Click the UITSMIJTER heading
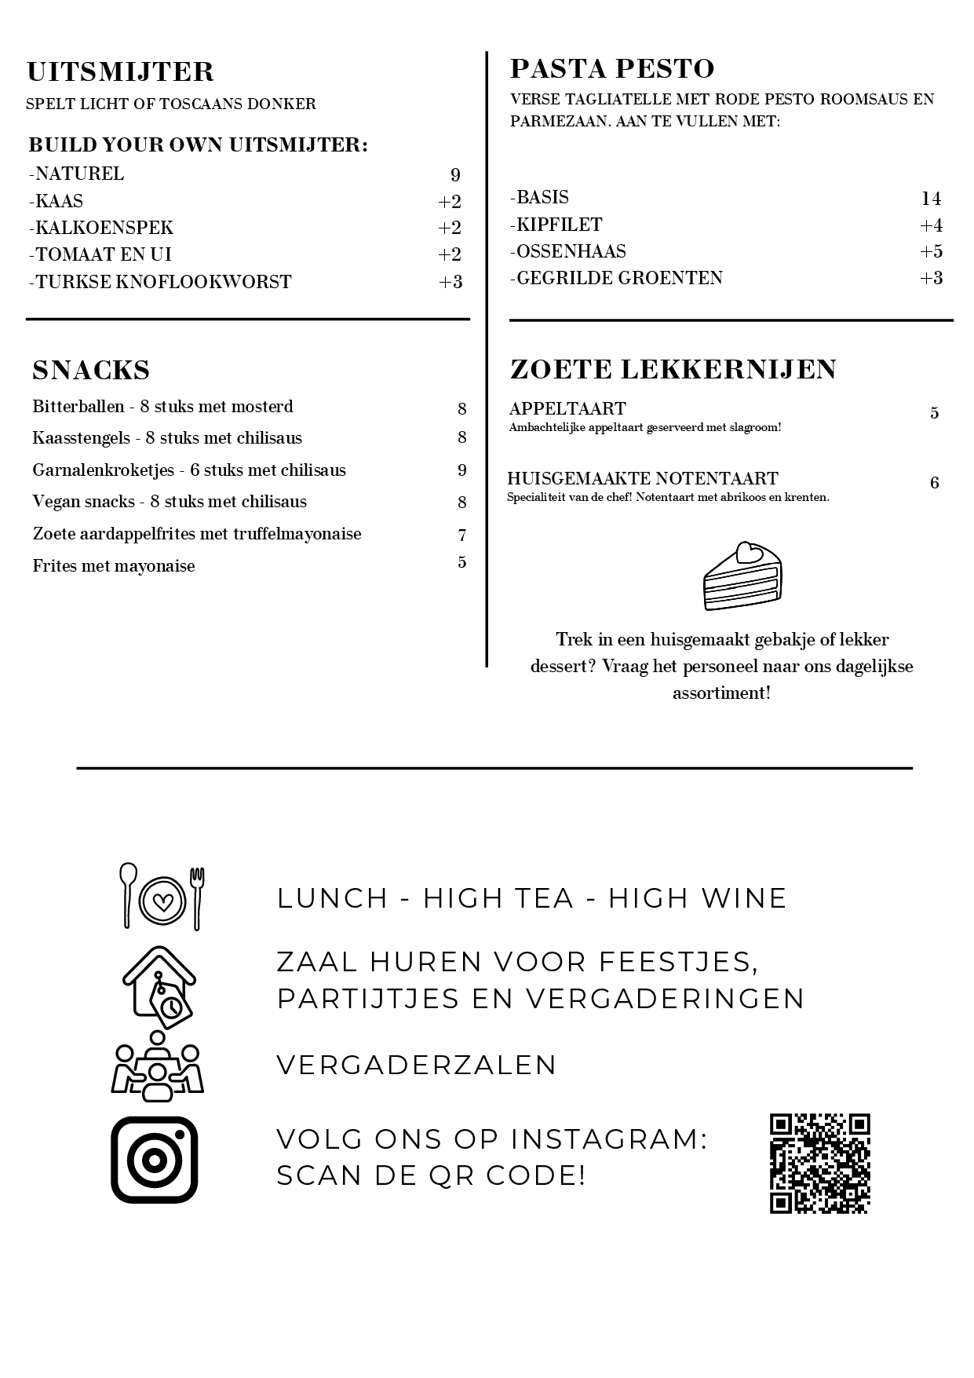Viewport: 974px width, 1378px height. (120, 72)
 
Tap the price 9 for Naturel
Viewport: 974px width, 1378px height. (455, 175)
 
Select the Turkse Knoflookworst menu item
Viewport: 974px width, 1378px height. (160, 282)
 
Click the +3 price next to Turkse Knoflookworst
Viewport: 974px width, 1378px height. (451, 282)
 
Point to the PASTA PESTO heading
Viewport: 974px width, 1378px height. (612, 69)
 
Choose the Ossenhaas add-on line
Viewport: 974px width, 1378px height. (568, 251)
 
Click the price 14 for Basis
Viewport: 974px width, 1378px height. (931, 199)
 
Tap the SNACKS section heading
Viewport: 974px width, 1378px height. (91, 370)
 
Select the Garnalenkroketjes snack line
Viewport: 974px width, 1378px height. (189, 470)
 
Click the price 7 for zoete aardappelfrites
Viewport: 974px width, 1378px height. (462, 535)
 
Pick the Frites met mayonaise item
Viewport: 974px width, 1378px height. (114, 566)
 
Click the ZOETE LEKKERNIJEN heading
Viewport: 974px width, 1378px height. (673, 369)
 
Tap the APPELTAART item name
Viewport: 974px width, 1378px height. (567, 408)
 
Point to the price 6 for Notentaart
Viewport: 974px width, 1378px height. (934, 483)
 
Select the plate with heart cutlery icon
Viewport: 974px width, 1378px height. (162, 897)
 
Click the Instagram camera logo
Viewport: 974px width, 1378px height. (155, 1160)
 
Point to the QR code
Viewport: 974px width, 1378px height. (819, 1163)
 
